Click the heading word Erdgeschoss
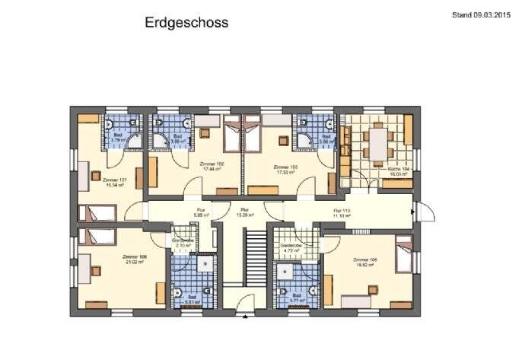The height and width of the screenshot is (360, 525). pyautogui.click(x=186, y=23)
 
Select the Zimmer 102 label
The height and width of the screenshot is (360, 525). pyautogui.click(x=210, y=167)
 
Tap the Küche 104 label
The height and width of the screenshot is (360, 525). pyautogui.click(x=398, y=171)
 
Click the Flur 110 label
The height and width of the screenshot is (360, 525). pyautogui.click(x=339, y=213)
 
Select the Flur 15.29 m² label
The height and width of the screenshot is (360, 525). pyautogui.click(x=245, y=212)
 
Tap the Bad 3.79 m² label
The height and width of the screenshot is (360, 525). pyautogui.click(x=117, y=139)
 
